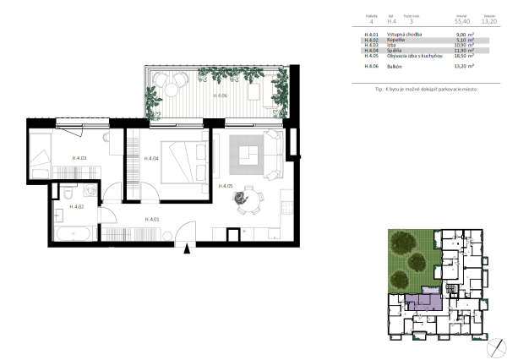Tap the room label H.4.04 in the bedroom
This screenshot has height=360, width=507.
[x=152, y=158]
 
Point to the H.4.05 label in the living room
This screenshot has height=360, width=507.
[x=226, y=186]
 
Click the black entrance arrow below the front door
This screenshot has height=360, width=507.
[x=189, y=248]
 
